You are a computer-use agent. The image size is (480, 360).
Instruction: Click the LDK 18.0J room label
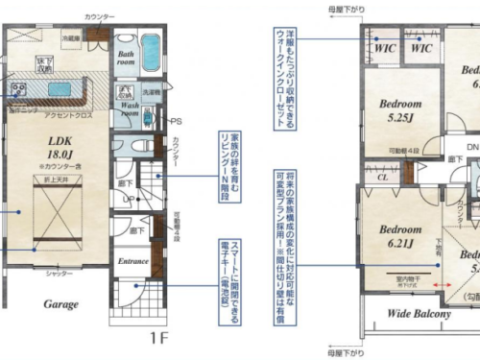[61, 144]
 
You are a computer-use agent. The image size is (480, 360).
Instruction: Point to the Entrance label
[132, 260]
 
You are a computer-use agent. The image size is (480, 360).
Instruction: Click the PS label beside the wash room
[176, 122]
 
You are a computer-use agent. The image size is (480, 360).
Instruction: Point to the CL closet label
[381, 177]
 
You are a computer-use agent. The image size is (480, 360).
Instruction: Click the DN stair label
[472, 147]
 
